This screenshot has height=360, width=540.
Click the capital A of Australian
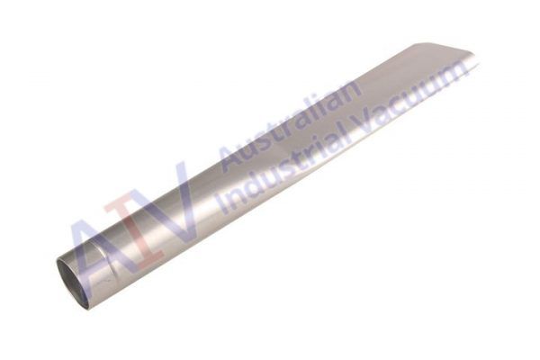tap(231, 156)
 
